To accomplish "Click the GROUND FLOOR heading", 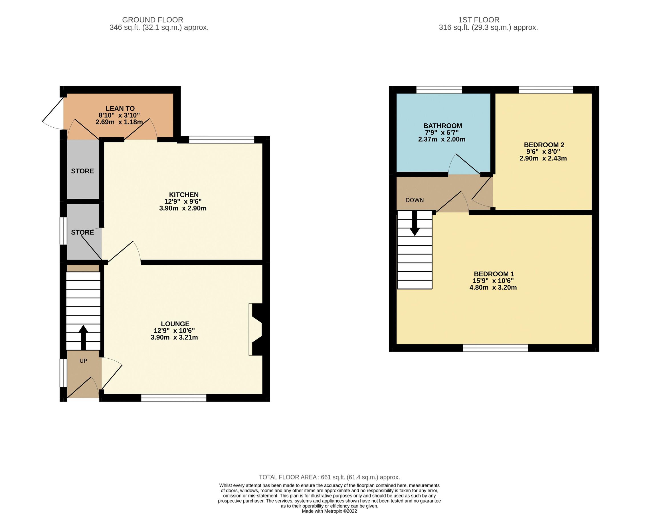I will coord(152,20).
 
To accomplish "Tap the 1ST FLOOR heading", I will coord(479,20).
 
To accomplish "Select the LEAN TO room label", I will coord(120,109).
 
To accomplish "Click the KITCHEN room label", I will coord(183,195).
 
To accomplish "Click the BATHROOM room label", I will coord(442,126).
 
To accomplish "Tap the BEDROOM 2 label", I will coord(544,145).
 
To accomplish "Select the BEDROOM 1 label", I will coord(494,274).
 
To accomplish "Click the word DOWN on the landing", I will coord(414,200).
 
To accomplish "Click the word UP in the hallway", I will coord(83,361).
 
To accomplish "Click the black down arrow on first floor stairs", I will coord(415,224).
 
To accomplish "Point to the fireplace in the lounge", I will coord(256,330).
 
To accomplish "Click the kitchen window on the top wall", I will coord(221,139).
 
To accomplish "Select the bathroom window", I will coord(439,90).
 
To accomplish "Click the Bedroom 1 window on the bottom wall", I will coord(496,348).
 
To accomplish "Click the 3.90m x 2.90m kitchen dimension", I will coord(183,208).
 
